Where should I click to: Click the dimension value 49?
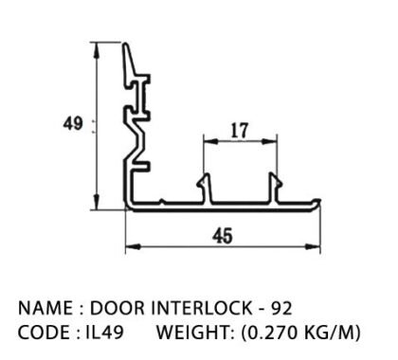(x=73, y=123)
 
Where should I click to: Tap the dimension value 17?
(x=240, y=131)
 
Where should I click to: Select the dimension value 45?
(x=223, y=236)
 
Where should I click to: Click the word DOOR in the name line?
(x=118, y=308)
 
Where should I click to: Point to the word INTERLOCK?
(x=202, y=308)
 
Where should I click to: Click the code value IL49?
(x=104, y=333)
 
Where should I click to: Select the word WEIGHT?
(x=194, y=333)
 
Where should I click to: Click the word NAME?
(x=45, y=308)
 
